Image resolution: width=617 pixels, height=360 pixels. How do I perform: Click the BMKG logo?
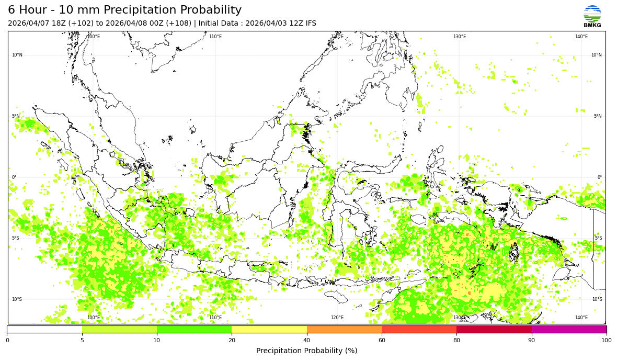click(592, 16)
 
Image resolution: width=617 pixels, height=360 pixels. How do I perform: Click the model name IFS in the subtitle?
click(310, 24)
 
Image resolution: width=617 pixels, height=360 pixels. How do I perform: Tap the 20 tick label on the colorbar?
click(232, 341)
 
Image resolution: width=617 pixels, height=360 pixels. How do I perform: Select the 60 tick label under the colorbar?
click(382, 341)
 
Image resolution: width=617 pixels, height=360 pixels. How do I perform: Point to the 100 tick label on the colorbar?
click(606, 341)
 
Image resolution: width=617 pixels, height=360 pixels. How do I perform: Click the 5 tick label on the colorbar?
click(82, 341)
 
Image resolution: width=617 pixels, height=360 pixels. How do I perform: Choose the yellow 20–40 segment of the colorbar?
click(269, 330)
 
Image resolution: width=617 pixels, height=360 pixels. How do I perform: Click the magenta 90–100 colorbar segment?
click(569, 330)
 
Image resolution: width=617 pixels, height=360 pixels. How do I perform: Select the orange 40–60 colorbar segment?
click(344, 330)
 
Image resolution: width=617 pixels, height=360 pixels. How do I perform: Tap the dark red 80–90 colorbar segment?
click(494, 330)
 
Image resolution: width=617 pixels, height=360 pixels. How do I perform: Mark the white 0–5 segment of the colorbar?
click(44, 330)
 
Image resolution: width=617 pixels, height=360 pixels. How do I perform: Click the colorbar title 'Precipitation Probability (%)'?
click(306, 351)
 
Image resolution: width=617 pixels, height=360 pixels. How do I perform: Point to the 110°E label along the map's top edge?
click(215, 37)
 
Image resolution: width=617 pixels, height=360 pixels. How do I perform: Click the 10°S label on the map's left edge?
click(17, 299)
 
